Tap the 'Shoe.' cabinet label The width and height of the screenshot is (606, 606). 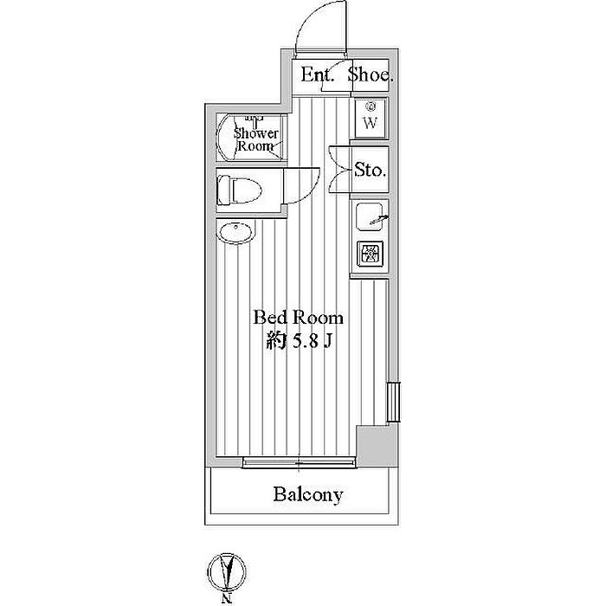coord(371,75)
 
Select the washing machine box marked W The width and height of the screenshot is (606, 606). coord(370,119)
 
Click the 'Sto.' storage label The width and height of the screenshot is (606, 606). coord(371,170)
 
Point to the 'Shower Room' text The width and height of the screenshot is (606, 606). coord(256,139)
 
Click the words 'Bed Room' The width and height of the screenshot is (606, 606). coord(297,317)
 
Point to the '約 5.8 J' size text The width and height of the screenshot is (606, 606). coord(299,341)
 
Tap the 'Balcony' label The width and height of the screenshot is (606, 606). coord(308,495)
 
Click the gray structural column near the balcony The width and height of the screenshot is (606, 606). coord(374,446)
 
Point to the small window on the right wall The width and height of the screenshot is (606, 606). coord(392,402)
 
